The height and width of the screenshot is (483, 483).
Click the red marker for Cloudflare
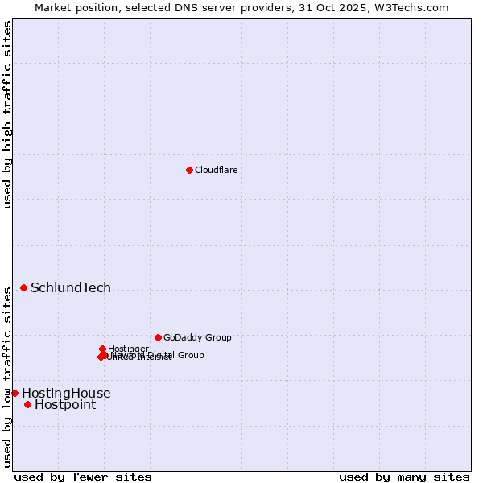189,170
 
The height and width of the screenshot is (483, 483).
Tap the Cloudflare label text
216,170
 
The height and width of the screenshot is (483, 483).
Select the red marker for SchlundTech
23,287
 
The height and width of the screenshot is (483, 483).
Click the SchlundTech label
71,288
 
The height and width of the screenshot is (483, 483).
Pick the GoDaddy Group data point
158,337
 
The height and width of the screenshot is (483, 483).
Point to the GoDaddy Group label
197,337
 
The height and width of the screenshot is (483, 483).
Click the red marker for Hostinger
102,349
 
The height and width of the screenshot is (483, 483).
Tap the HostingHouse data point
14,393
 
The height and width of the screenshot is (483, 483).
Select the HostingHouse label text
66,394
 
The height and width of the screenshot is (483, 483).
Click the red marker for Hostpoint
27,404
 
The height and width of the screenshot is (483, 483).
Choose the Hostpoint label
65,405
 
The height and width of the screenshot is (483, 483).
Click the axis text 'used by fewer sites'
83,477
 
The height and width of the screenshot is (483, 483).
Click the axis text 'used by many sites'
404,477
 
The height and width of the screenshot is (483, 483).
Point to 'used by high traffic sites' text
7,114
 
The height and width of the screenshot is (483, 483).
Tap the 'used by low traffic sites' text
7,376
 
